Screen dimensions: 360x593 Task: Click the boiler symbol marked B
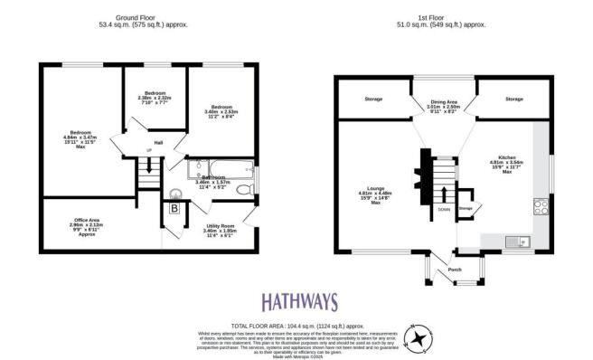174,209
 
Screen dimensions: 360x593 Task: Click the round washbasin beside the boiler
176,192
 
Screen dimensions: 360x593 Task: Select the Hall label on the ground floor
157,143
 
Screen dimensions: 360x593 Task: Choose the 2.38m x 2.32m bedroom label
152,99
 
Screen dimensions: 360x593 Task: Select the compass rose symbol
419,338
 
